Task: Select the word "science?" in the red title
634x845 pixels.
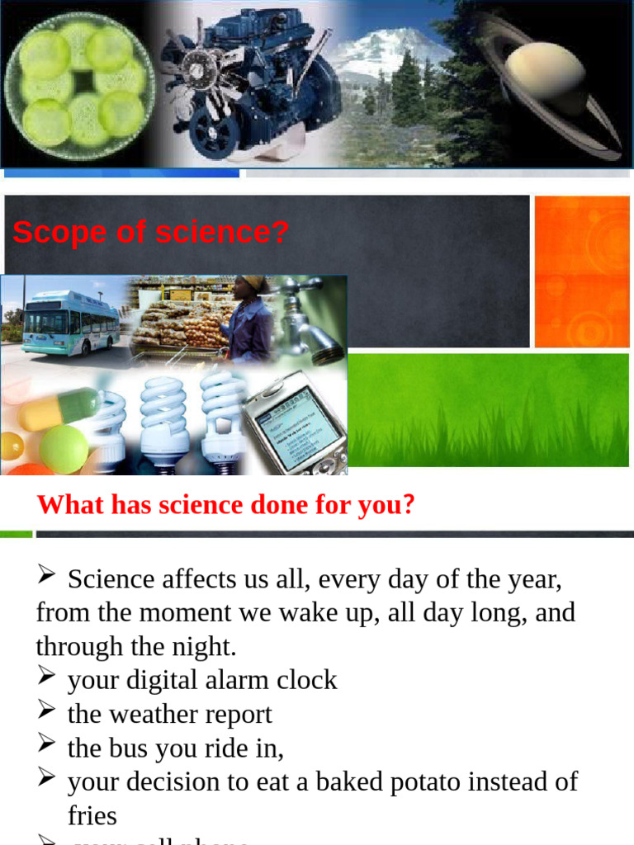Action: (222, 233)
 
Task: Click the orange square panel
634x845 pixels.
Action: (581, 271)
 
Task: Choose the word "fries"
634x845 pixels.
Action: (92, 815)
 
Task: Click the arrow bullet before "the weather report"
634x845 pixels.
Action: (46, 710)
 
